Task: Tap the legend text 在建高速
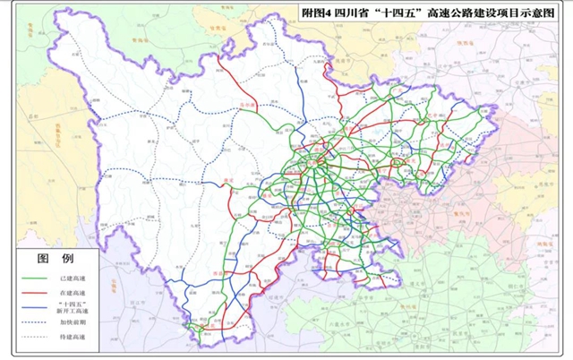pos(73,292)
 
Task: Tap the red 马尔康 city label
pos(242,106)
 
